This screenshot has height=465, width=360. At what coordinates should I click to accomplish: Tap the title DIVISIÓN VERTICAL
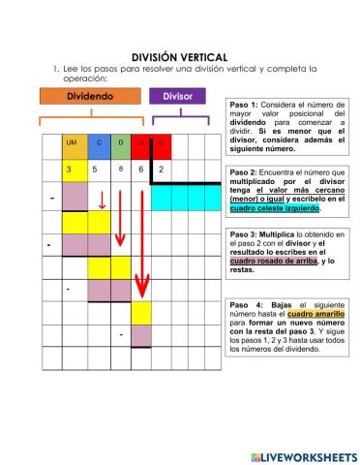(179, 57)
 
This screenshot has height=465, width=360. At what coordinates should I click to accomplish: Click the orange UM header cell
(72, 144)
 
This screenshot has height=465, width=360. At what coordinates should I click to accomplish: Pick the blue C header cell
(98, 144)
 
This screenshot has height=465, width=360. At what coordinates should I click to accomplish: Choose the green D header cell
(121, 144)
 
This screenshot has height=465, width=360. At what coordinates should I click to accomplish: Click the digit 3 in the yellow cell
(69, 170)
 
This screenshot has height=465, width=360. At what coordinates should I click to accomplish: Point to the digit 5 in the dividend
(95, 170)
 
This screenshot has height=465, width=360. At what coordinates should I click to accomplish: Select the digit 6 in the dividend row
(141, 170)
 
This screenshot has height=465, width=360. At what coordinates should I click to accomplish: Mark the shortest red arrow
(101, 201)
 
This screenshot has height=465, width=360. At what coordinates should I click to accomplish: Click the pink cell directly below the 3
(74, 197)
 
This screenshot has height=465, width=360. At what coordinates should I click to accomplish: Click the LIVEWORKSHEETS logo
(302, 455)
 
